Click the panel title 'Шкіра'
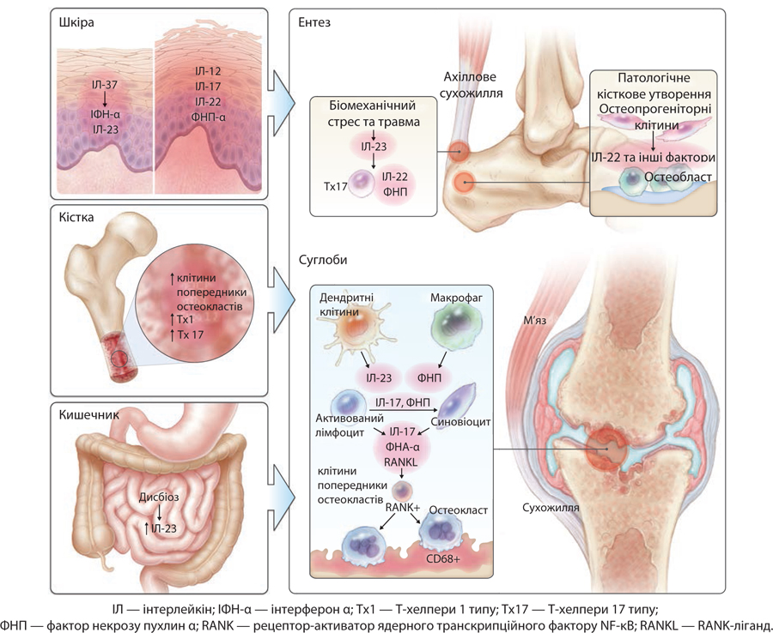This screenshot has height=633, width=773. [x=76, y=22]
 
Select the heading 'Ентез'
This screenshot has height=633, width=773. [x=320, y=22]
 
